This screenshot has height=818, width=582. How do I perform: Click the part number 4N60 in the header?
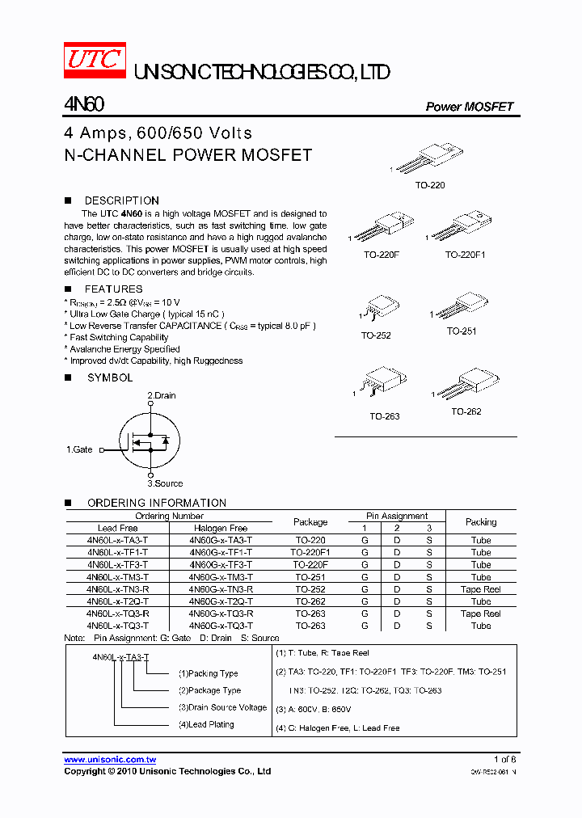tap(82, 106)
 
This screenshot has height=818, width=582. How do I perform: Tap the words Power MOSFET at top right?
tap(470, 107)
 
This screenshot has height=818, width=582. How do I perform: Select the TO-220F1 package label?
tap(465, 255)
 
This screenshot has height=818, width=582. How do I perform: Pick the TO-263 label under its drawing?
tap(385, 416)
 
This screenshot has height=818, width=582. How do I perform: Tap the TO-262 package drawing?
tap(466, 384)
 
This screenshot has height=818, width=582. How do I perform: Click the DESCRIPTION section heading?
tap(121, 200)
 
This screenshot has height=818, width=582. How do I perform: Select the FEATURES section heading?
tap(113, 289)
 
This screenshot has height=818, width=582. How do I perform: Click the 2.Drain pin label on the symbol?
tap(161, 395)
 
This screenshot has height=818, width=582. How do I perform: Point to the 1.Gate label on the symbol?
tap(79, 449)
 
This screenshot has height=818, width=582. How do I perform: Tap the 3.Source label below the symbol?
tap(165, 483)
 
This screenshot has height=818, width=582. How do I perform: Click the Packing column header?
tap(481, 522)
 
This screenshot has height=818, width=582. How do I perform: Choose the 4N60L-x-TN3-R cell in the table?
tap(117, 589)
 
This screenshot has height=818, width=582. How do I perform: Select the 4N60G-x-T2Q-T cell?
tap(221, 601)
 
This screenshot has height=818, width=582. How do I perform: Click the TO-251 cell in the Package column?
tap(310, 577)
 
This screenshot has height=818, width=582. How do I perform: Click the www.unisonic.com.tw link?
tap(110, 760)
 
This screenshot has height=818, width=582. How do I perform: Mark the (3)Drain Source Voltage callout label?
tap(222, 707)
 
